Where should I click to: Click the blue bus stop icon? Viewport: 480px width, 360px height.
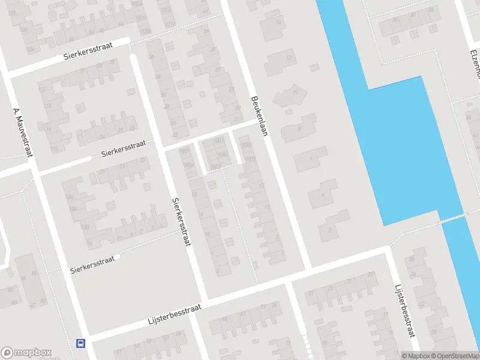[x=80, y=344]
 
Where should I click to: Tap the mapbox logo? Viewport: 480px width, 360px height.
[x=26, y=353]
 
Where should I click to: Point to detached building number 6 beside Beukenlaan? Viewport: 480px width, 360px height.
[x=310, y=159]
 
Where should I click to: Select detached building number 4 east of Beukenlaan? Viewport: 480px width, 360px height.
[x=323, y=194]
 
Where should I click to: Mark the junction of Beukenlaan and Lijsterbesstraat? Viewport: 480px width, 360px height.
[x=307, y=268]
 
